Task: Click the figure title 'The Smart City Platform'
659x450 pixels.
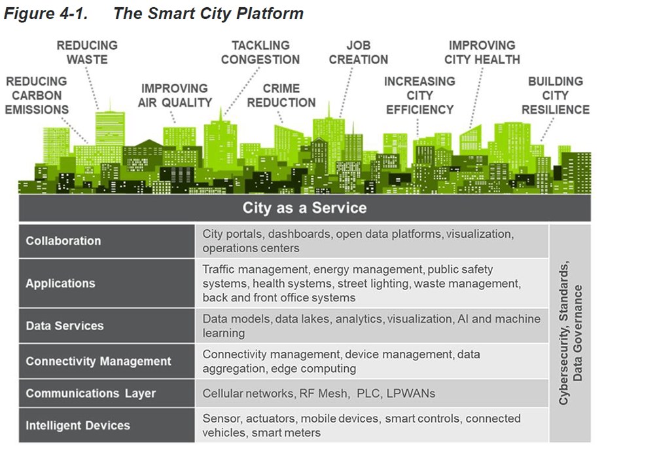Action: (x=209, y=14)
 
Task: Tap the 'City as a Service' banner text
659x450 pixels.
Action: (x=304, y=208)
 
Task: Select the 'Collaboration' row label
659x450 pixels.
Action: (x=63, y=241)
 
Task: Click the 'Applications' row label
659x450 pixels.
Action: (x=60, y=284)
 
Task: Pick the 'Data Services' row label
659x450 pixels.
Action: (x=65, y=326)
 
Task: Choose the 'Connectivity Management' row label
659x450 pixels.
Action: (x=98, y=362)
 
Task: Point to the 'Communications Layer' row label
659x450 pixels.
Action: (x=91, y=393)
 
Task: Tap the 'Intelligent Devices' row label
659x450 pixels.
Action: (x=78, y=425)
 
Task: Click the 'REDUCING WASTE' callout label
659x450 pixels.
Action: (x=87, y=52)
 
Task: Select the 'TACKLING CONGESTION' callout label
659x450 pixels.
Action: (x=260, y=52)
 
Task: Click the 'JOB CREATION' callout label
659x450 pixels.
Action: (x=359, y=52)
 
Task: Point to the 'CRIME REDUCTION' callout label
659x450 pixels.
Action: (x=281, y=96)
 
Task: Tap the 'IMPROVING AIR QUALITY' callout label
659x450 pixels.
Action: (x=175, y=96)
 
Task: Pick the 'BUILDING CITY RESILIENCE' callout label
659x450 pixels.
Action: (x=556, y=96)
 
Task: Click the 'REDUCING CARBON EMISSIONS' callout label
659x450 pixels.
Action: (x=37, y=96)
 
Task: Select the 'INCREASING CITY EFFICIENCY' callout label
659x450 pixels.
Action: (x=420, y=96)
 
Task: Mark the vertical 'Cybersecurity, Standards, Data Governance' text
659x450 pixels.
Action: (x=570, y=333)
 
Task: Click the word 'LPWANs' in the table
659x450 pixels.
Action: (x=410, y=393)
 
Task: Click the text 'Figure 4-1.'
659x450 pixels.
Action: (x=46, y=14)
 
